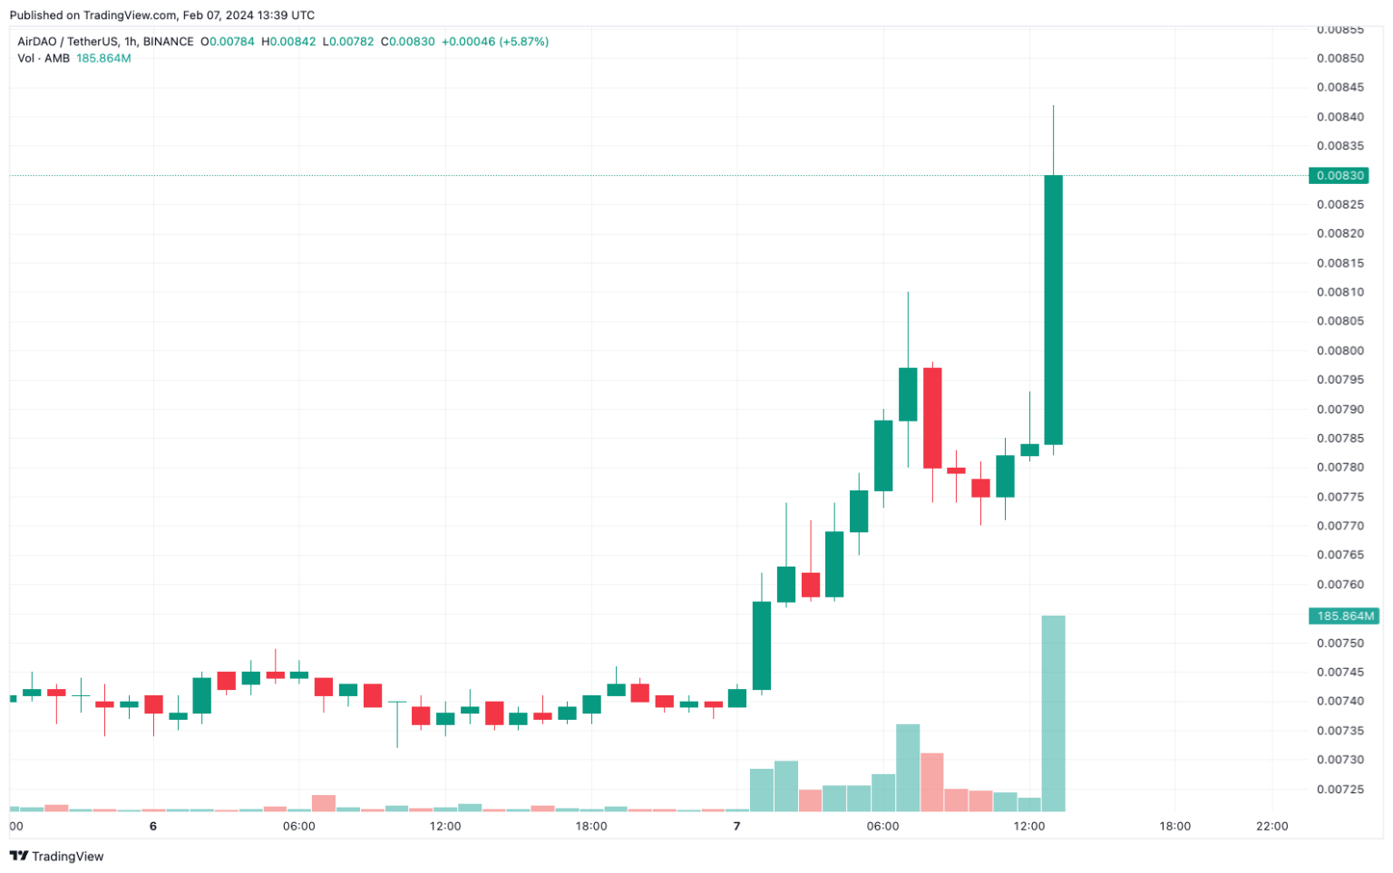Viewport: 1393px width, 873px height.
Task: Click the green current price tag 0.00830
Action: (1339, 176)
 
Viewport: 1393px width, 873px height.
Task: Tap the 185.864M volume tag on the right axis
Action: (1344, 616)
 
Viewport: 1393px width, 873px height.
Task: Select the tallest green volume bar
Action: (1053, 713)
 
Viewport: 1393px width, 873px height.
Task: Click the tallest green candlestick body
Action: (1053, 309)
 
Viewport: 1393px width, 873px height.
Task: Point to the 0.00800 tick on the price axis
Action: (1339, 351)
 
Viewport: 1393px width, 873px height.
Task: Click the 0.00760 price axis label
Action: (1339, 585)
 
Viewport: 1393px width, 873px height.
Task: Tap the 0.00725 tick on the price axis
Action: (1339, 790)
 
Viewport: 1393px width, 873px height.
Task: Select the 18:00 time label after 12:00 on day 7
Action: (1174, 827)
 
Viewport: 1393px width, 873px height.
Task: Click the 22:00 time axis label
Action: (1272, 827)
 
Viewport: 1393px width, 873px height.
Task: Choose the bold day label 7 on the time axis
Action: (737, 827)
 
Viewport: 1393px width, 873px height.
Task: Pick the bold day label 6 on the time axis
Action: (153, 827)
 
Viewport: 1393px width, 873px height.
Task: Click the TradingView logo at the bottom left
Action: (56, 857)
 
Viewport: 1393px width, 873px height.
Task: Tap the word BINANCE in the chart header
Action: (168, 42)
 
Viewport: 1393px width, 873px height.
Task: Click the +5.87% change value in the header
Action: (524, 42)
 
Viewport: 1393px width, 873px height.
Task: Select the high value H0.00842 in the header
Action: (288, 42)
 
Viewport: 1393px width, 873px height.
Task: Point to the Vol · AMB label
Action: (44, 59)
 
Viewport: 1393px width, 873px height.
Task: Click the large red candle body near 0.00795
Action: (932, 418)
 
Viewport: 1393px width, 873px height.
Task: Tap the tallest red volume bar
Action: (932, 781)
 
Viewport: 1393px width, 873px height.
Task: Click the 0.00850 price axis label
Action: (1339, 59)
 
